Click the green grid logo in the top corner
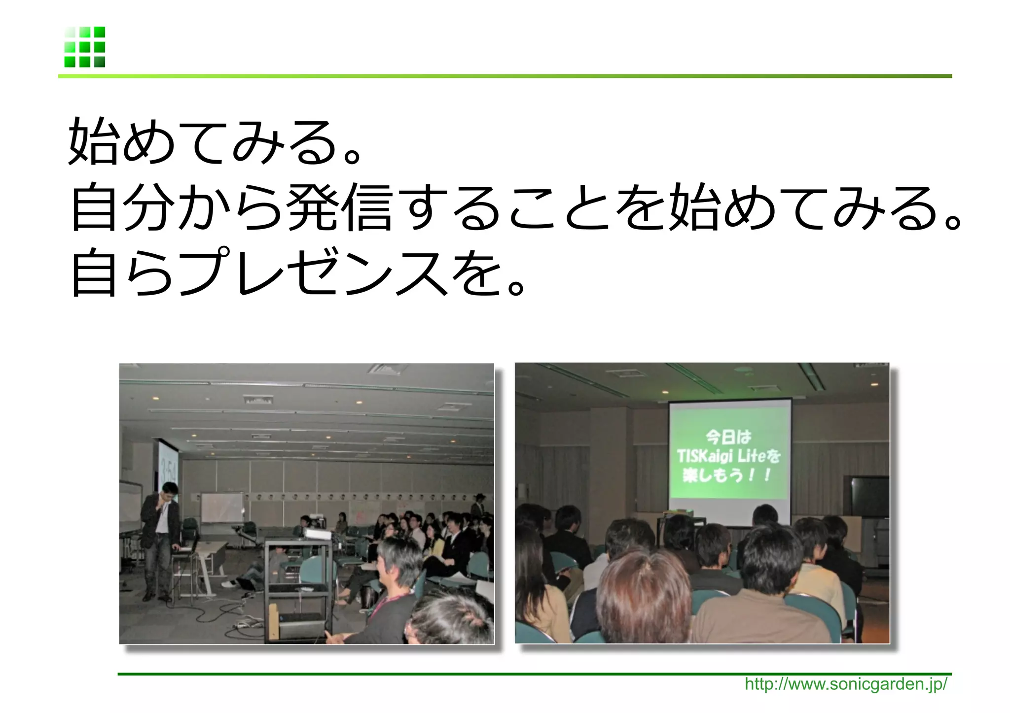pos(84,47)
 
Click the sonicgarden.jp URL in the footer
pos(845,684)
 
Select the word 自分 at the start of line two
pos(123,207)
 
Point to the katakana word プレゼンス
pos(316,272)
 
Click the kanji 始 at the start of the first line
pos(92,141)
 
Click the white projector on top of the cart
pos(316,533)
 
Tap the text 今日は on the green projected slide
pos(728,437)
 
